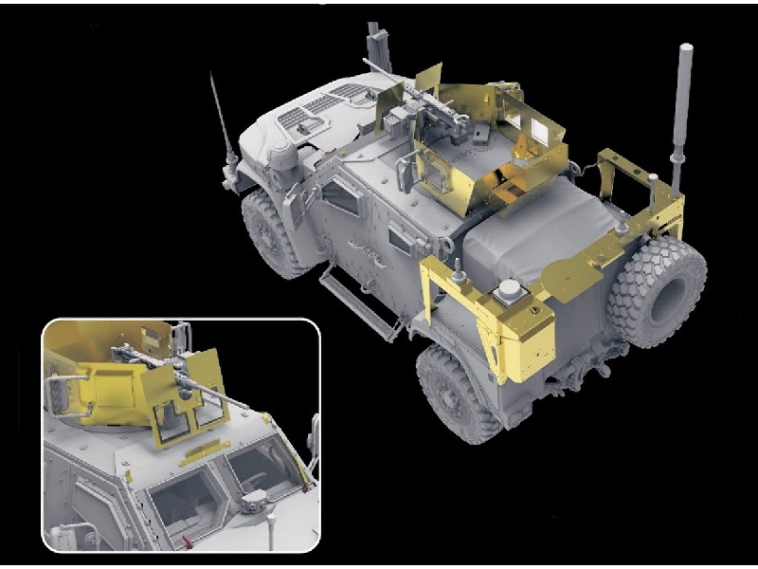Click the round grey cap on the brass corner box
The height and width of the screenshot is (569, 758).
tap(509, 290)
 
